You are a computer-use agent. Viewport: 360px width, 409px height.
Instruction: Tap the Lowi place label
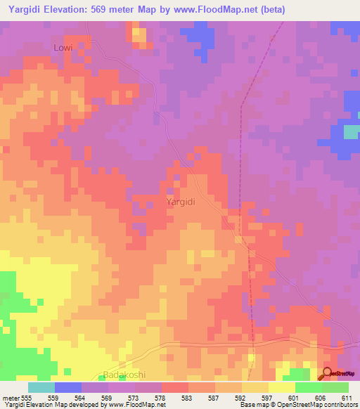click(x=63, y=47)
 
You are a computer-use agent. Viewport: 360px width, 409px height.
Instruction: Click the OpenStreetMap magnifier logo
click(x=327, y=374)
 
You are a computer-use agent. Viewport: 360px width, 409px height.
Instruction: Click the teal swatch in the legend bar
click(x=41, y=387)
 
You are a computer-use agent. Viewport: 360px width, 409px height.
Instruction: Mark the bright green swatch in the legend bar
click(x=335, y=387)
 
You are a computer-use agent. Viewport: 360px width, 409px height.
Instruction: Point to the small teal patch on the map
click(x=351, y=131)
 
